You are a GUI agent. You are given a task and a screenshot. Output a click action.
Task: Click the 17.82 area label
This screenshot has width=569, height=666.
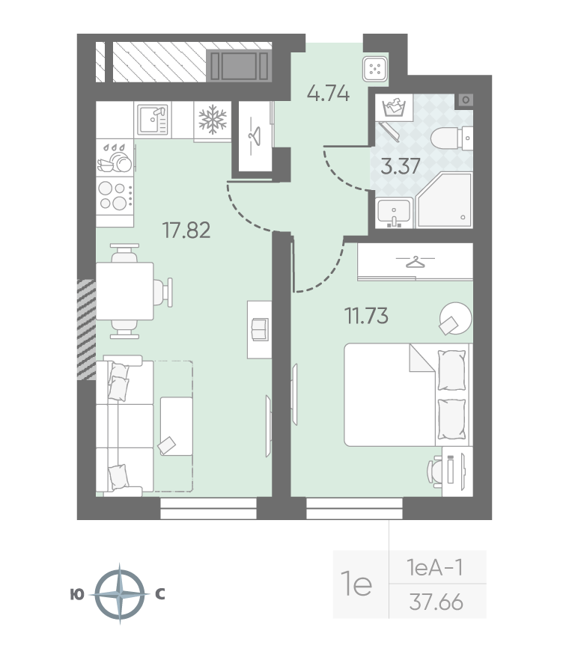pyautogui.click(x=186, y=230)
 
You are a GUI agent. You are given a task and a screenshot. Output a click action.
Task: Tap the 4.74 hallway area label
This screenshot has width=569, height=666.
pyautogui.click(x=328, y=94)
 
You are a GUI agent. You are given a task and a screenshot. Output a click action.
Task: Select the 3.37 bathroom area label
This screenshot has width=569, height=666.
pyautogui.click(x=401, y=166)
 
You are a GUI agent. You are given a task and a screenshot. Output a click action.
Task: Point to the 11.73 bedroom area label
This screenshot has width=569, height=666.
pyautogui.click(x=366, y=316)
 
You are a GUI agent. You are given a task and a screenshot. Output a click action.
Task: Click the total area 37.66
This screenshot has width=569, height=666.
pyautogui.click(x=436, y=602)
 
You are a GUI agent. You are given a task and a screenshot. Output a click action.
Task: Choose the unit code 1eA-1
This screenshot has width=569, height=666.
pyautogui.click(x=435, y=567)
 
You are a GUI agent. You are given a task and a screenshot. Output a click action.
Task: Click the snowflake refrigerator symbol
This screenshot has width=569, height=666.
pyautogui.click(x=213, y=119)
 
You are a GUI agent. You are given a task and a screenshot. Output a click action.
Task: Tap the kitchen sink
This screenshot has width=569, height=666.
pyautogui.click(x=153, y=120)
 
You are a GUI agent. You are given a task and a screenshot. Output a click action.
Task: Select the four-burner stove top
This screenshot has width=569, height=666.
pyautogui.click(x=115, y=196)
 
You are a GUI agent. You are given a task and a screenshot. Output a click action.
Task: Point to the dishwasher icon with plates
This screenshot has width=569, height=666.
pyautogui.click(x=115, y=158)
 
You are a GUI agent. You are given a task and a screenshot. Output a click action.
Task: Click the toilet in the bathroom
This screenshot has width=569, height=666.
pyautogui.click(x=451, y=138)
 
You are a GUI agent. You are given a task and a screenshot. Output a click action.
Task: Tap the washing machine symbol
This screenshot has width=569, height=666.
pyautogui.click(x=394, y=108)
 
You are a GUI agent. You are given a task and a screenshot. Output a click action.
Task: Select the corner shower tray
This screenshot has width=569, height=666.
pyautogui.click(x=445, y=200)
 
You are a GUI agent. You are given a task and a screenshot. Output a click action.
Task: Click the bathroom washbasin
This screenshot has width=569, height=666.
pyautogui.click(x=395, y=213)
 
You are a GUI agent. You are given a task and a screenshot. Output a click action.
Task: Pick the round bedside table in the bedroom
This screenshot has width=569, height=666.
pyautogui.click(x=454, y=318)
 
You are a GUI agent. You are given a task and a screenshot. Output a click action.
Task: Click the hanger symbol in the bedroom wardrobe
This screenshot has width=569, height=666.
pyautogui.click(x=416, y=261)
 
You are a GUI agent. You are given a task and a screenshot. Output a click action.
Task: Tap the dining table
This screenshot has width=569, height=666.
pyautogui.click(x=124, y=291)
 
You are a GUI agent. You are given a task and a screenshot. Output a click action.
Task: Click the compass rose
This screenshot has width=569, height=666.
pyautogui.click(x=120, y=594)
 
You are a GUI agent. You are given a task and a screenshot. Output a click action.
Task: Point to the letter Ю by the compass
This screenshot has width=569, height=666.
pyautogui.click(x=77, y=595)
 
